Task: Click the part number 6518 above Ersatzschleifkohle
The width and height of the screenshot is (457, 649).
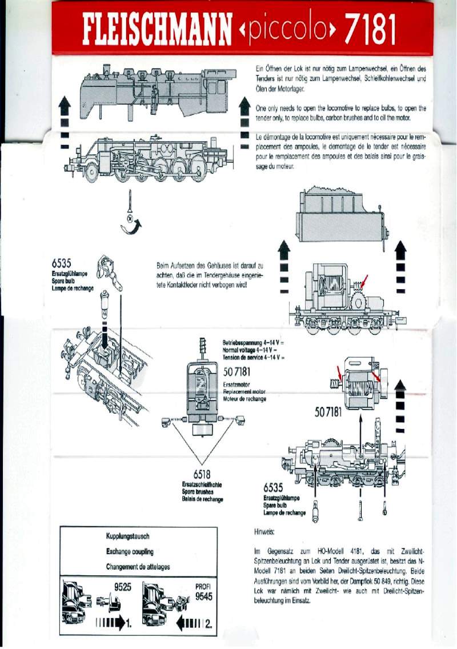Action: coord(202,474)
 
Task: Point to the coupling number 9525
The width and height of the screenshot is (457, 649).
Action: coord(123,586)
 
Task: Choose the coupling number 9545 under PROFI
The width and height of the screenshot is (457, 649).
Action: coord(204,596)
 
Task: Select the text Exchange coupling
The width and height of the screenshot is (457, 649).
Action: coord(130,552)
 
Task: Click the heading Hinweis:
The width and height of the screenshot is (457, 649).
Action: coord(264,532)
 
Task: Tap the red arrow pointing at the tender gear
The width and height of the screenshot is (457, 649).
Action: coord(363,281)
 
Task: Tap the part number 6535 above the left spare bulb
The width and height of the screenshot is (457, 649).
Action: coord(61,263)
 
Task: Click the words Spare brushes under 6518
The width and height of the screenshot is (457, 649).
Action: coord(202,491)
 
